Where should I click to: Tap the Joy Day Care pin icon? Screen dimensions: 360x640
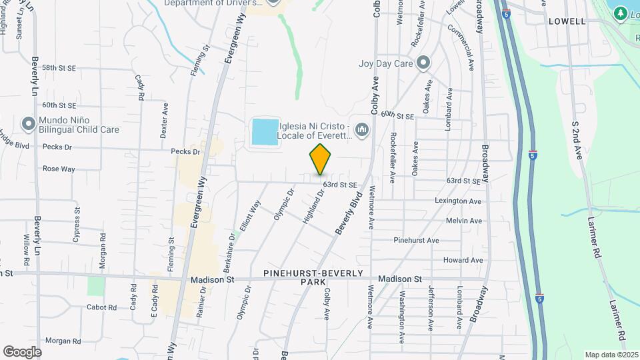coord(423,64)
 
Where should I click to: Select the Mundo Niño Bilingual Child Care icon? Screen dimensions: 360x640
coord(28,124)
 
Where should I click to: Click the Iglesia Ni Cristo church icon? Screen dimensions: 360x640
coord(362,129)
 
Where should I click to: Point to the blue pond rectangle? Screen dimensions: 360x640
coord(265,132)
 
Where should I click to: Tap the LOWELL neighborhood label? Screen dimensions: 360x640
coord(567,21)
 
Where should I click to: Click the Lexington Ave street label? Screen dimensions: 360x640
coord(458,201)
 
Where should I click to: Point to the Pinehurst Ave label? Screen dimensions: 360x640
coord(416,240)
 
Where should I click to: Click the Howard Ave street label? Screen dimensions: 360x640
coord(463,260)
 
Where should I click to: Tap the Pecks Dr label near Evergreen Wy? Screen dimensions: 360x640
coord(185,152)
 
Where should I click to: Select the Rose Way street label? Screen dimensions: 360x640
coord(59,169)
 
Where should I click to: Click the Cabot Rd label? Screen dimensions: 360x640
coord(101,307)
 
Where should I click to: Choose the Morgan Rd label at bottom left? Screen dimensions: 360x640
coord(63,341)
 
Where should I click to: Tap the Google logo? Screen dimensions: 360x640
coord(22,352)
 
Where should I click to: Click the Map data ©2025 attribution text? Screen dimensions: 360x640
coord(611,355)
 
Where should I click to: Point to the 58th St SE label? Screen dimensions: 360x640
coord(59,68)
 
